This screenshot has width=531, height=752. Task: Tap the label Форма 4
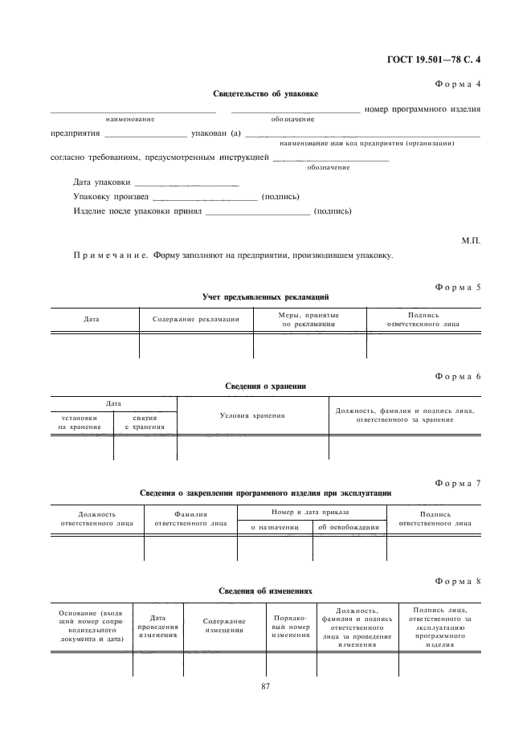click(458, 83)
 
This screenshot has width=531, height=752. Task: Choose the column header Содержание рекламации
click(196, 320)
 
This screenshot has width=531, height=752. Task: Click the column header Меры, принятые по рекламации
click(309, 320)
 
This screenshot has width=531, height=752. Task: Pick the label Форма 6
click(458, 376)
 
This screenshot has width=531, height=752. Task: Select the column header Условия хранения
click(252, 415)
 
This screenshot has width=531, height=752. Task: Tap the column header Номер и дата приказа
click(311, 512)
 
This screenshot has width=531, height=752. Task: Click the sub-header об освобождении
click(348, 528)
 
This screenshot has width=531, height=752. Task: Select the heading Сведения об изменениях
click(265, 591)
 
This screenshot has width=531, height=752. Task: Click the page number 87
click(265, 685)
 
